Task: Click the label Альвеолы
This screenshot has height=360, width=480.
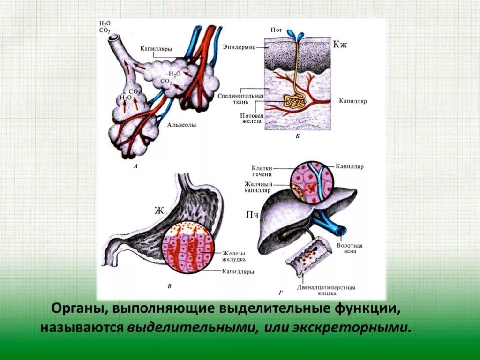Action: [x=181, y=125]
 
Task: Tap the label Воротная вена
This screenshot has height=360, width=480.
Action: [x=350, y=248]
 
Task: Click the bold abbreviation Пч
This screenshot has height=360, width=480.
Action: [x=252, y=215]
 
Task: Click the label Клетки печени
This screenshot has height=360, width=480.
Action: [x=261, y=171]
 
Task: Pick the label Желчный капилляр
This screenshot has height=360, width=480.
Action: [x=258, y=187]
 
